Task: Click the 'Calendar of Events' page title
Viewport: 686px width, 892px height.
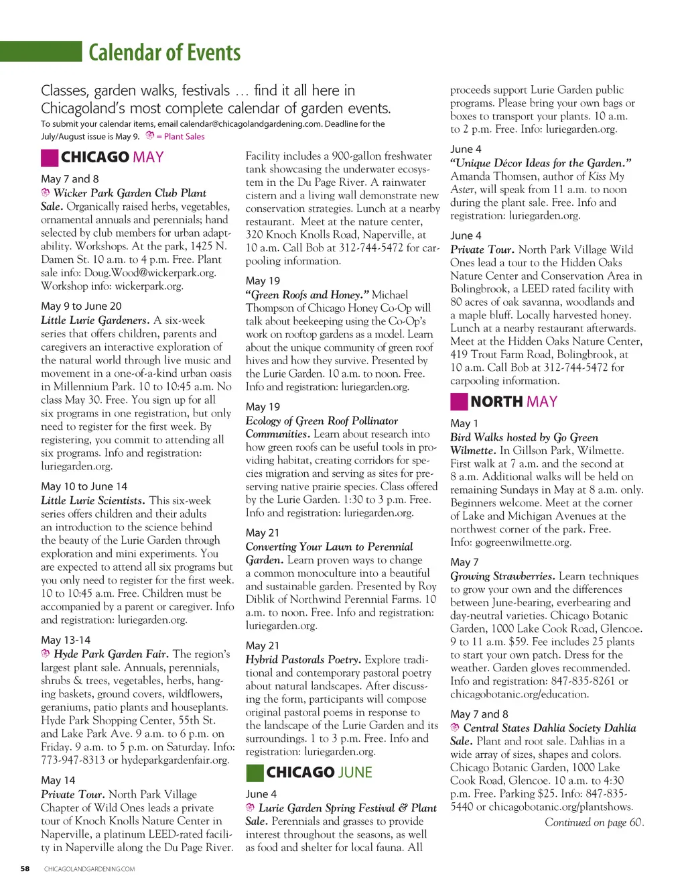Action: (x=164, y=52)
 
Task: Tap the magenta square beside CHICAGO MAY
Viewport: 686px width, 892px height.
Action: (x=50, y=158)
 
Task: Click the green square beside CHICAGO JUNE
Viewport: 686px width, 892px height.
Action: (x=255, y=773)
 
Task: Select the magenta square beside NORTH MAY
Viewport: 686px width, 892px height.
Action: (x=459, y=402)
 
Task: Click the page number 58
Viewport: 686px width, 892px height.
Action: (x=25, y=869)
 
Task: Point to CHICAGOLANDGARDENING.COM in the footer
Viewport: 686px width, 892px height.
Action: (x=89, y=869)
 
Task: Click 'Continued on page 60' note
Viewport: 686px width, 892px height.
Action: (x=594, y=822)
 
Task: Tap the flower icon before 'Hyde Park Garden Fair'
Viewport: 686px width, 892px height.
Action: (x=46, y=653)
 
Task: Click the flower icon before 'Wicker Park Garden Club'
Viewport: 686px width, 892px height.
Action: (x=46, y=192)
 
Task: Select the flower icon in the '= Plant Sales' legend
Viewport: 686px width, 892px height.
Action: (x=150, y=135)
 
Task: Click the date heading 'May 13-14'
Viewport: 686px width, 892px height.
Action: (x=66, y=640)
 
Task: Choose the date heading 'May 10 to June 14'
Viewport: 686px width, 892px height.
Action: (x=84, y=486)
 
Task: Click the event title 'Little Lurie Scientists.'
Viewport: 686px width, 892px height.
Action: (x=92, y=500)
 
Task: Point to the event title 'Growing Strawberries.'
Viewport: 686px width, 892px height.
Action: (x=502, y=576)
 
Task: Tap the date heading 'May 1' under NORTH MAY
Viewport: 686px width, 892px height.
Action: (x=464, y=423)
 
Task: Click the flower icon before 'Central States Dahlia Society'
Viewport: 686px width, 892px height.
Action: (x=455, y=728)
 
